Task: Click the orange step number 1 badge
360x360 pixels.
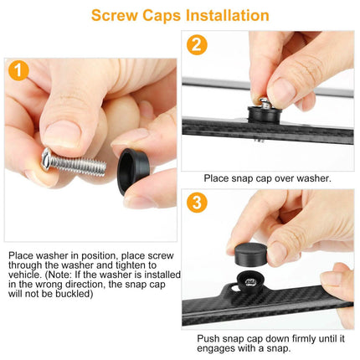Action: pyautogui.click(x=18, y=70)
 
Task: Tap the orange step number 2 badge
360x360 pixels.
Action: pyautogui.click(x=197, y=45)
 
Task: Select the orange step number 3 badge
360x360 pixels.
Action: pyautogui.click(x=197, y=203)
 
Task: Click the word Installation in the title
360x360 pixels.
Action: pyautogui.click(x=228, y=15)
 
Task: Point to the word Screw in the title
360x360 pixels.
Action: pyautogui.click(x=115, y=16)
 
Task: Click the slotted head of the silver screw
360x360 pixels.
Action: pyautogui.click(x=46, y=159)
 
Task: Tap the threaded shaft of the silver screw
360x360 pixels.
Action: pyautogui.click(x=78, y=165)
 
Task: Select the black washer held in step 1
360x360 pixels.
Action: pyautogui.click(x=132, y=171)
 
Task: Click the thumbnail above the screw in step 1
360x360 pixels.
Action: pyautogui.click(x=62, y=134)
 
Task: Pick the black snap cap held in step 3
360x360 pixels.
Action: pyautogui.click(x=250, y=254)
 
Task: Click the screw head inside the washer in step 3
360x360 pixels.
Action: pyautogui.click(x=249, y=282)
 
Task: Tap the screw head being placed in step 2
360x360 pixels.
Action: pyautogui.click(x=264, y=103)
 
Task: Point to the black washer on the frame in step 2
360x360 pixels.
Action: pyautogui.click(x=262, y=115)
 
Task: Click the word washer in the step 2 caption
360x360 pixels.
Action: pyautogui.click(x=314, y=178)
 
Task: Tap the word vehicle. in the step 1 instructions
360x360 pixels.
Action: pyautogui.click(x=24, y=275)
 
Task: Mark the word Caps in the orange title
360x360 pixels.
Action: pyautogui.click(x=162, y=16)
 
